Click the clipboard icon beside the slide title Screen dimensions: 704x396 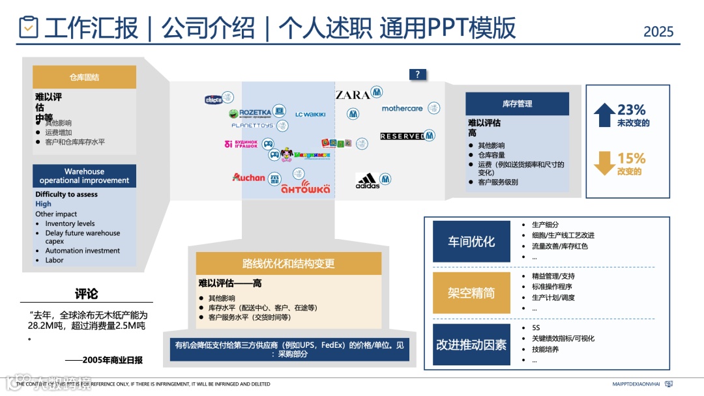point(28,27)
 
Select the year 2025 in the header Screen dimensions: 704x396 point(658,31)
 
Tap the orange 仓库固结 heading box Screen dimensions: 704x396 point(84,77)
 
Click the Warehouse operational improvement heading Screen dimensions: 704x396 point(84,176)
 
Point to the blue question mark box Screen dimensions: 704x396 point(417,74)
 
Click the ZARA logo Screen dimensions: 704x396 point(353,95)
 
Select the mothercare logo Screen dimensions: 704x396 point(402,109)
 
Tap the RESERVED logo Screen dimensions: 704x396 point(402,136)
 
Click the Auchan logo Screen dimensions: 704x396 point(248,177)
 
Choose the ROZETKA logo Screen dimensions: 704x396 point(255,112)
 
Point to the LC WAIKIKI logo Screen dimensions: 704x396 point(310,115)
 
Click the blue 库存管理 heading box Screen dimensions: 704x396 point(517,104)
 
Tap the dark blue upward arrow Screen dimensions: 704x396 point(604,115)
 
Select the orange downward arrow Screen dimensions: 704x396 point(604,163)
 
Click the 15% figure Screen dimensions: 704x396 point(631,158)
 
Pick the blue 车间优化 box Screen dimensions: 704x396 point(471,242)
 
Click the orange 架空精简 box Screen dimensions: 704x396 point(471,292)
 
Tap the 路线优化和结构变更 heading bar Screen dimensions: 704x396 point(288,263)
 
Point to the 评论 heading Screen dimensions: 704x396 point(86,293)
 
